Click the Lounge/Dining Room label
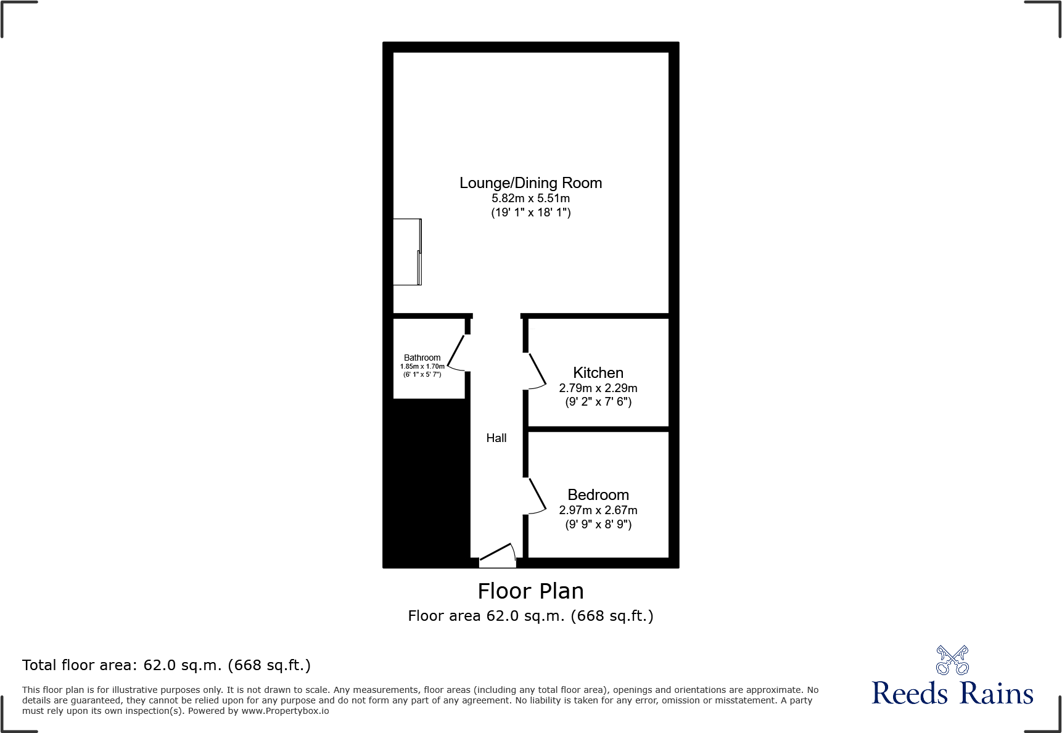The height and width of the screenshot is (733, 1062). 530,183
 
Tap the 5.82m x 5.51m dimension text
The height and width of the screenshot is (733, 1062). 530,199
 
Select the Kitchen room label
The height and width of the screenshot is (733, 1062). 598,373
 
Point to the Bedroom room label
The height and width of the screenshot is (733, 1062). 598,495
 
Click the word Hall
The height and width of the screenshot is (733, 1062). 496,438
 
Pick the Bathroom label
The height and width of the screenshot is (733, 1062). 422,358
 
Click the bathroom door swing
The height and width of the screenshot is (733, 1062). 457,354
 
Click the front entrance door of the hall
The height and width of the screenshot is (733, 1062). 498,555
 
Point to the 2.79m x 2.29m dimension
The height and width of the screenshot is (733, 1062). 598,388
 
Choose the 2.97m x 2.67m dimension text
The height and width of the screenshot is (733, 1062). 598,510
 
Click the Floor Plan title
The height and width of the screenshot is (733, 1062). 530,591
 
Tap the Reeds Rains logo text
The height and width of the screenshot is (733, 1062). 952,694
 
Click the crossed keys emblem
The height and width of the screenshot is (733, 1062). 952,660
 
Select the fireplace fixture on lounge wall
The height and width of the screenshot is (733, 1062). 407,252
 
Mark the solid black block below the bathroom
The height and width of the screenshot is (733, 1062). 426,481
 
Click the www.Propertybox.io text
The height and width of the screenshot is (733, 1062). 285,711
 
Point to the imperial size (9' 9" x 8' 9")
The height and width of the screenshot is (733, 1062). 598,525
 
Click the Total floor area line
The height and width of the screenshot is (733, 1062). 167,665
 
